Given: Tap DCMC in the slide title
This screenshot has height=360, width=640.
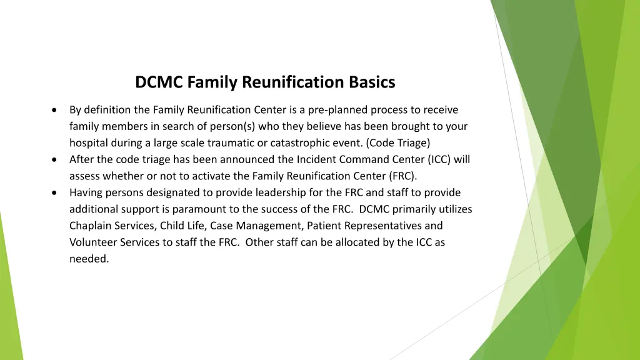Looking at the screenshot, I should [159, 82].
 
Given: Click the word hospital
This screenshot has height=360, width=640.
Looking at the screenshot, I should [88, 143].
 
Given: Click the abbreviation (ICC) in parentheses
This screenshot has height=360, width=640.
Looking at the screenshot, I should [439, 159].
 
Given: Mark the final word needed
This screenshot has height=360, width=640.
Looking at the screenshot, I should [89, 259].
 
